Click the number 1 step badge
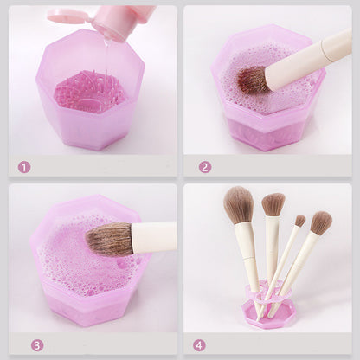[x=24, y=166]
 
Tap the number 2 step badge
[x=204, y=166]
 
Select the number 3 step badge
[x=37, y=344]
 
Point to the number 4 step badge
[x=200, y=344]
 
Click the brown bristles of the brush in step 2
[x=253, y=80]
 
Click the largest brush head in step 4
[x=238, y=205]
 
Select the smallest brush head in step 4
[x=299, y=221]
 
